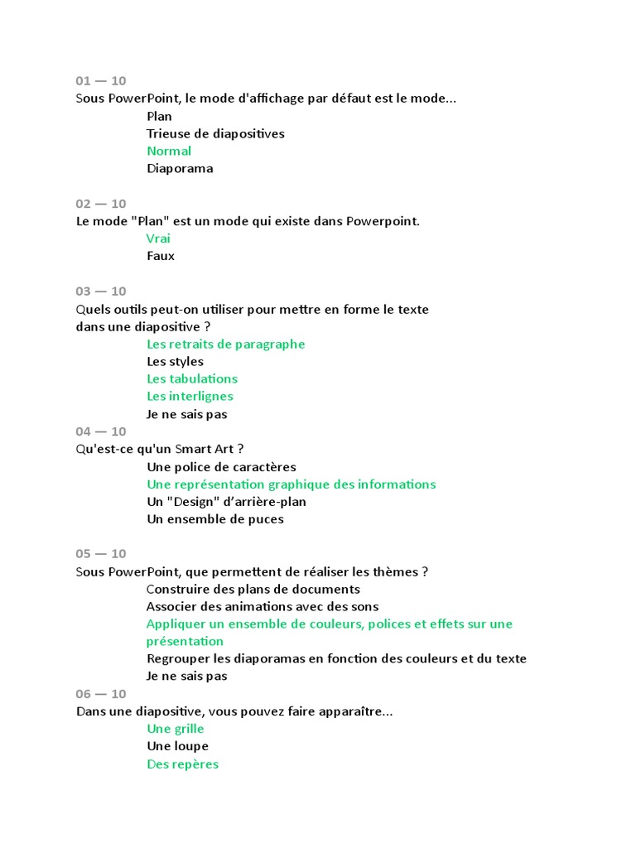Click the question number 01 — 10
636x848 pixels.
coord(101,80)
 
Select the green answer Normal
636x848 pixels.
coord(169,151)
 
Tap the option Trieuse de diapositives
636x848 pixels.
coord(215,133)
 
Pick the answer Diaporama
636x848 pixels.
coord(180,168)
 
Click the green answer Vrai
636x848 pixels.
coord(158,238)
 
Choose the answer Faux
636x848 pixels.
coord(161,256)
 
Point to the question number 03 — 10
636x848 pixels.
coord(101,291)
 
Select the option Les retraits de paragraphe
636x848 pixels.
coord(225,344)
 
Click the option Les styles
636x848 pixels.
coord(175,361)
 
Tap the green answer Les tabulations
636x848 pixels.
coord(192,378)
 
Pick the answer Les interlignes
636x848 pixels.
coord(190,396)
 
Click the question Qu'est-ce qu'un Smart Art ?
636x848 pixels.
coord(160,449)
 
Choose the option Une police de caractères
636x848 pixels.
coord(221,467)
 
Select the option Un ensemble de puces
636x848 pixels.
coord(215,519)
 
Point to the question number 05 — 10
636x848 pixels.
coord(101,553)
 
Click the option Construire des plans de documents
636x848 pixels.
coord(253,589)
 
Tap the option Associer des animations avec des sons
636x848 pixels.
coord(263,606)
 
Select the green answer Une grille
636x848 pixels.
coord(176,729)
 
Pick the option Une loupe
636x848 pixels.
coord(177,746)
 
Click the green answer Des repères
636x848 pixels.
coord(183,764)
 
